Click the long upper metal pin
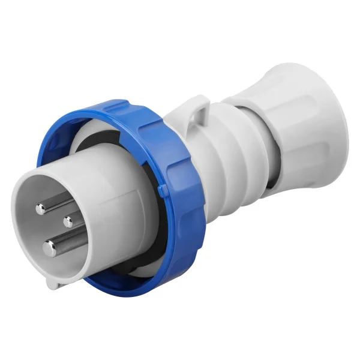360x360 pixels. (48, 206)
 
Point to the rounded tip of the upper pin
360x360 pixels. (40, 209)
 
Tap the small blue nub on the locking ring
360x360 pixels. (163, 191)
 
